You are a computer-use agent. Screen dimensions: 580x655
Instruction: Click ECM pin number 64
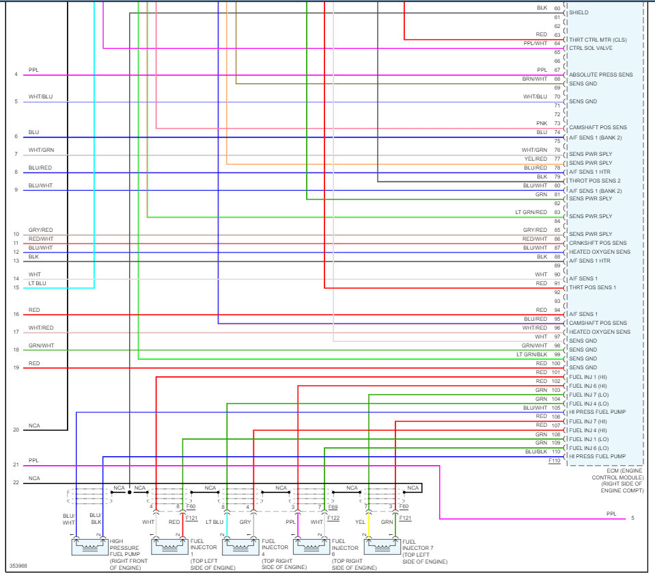tap(557, 43)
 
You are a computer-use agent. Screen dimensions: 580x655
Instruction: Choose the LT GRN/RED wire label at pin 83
tap(531, 212)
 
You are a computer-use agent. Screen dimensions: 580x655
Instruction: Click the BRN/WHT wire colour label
tap(535, 79)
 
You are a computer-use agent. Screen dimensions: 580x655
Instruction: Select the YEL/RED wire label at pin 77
tap(535, 159)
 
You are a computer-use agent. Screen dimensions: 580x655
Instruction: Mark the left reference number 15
tap(16, 287)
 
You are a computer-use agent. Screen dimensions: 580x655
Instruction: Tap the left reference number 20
tap(16, 430)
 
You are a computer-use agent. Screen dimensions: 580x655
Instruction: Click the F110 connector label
tap(554, 461)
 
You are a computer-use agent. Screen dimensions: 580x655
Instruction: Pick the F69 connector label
tap(333, 507)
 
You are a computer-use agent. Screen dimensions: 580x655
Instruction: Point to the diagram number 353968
tap(18, 566)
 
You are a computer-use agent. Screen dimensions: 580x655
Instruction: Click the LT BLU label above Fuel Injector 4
tap(214, 521)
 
